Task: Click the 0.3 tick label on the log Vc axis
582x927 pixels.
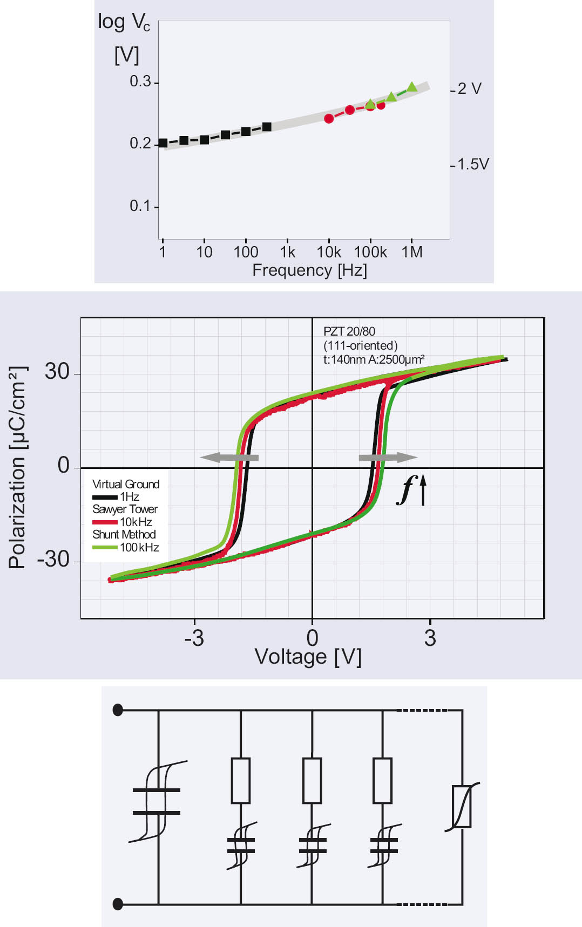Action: tap(140, 81)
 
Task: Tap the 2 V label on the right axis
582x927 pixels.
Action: tap(469, 88)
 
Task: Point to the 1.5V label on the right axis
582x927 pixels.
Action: tap(473, 164)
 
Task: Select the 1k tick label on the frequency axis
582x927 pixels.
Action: tap(288, 252)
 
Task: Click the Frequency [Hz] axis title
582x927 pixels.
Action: tap(309, 270)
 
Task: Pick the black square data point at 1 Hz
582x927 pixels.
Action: tap(163, 143)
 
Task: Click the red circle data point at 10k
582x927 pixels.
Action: tap(329, 118)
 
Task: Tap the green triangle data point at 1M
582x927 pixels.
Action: tap(412, 87)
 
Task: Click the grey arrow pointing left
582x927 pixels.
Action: tap(229, 458)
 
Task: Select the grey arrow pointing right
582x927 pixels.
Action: tap(388, 458)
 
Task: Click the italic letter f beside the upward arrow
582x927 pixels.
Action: tap(406, 490)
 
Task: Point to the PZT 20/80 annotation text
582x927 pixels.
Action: tap(349, 331)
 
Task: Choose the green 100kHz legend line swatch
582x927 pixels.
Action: tap(105, 548)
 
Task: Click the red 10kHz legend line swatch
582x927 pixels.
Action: tap(105, 522)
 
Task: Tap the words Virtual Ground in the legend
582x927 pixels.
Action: tap(126, 484)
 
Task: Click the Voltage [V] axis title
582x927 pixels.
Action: tap(308, 657)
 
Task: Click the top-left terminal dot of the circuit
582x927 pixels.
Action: tap(118, 710)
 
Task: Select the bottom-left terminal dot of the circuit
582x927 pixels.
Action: tap(118, 904)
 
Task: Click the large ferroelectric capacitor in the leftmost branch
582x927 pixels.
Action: tap(157, 801)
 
